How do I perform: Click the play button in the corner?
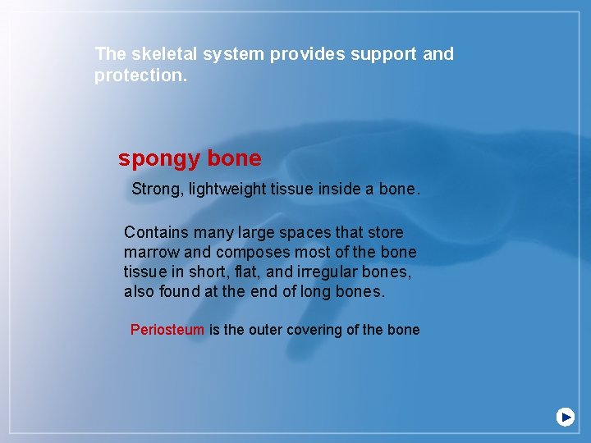coord(565,417)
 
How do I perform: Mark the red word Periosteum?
coord(167,330)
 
